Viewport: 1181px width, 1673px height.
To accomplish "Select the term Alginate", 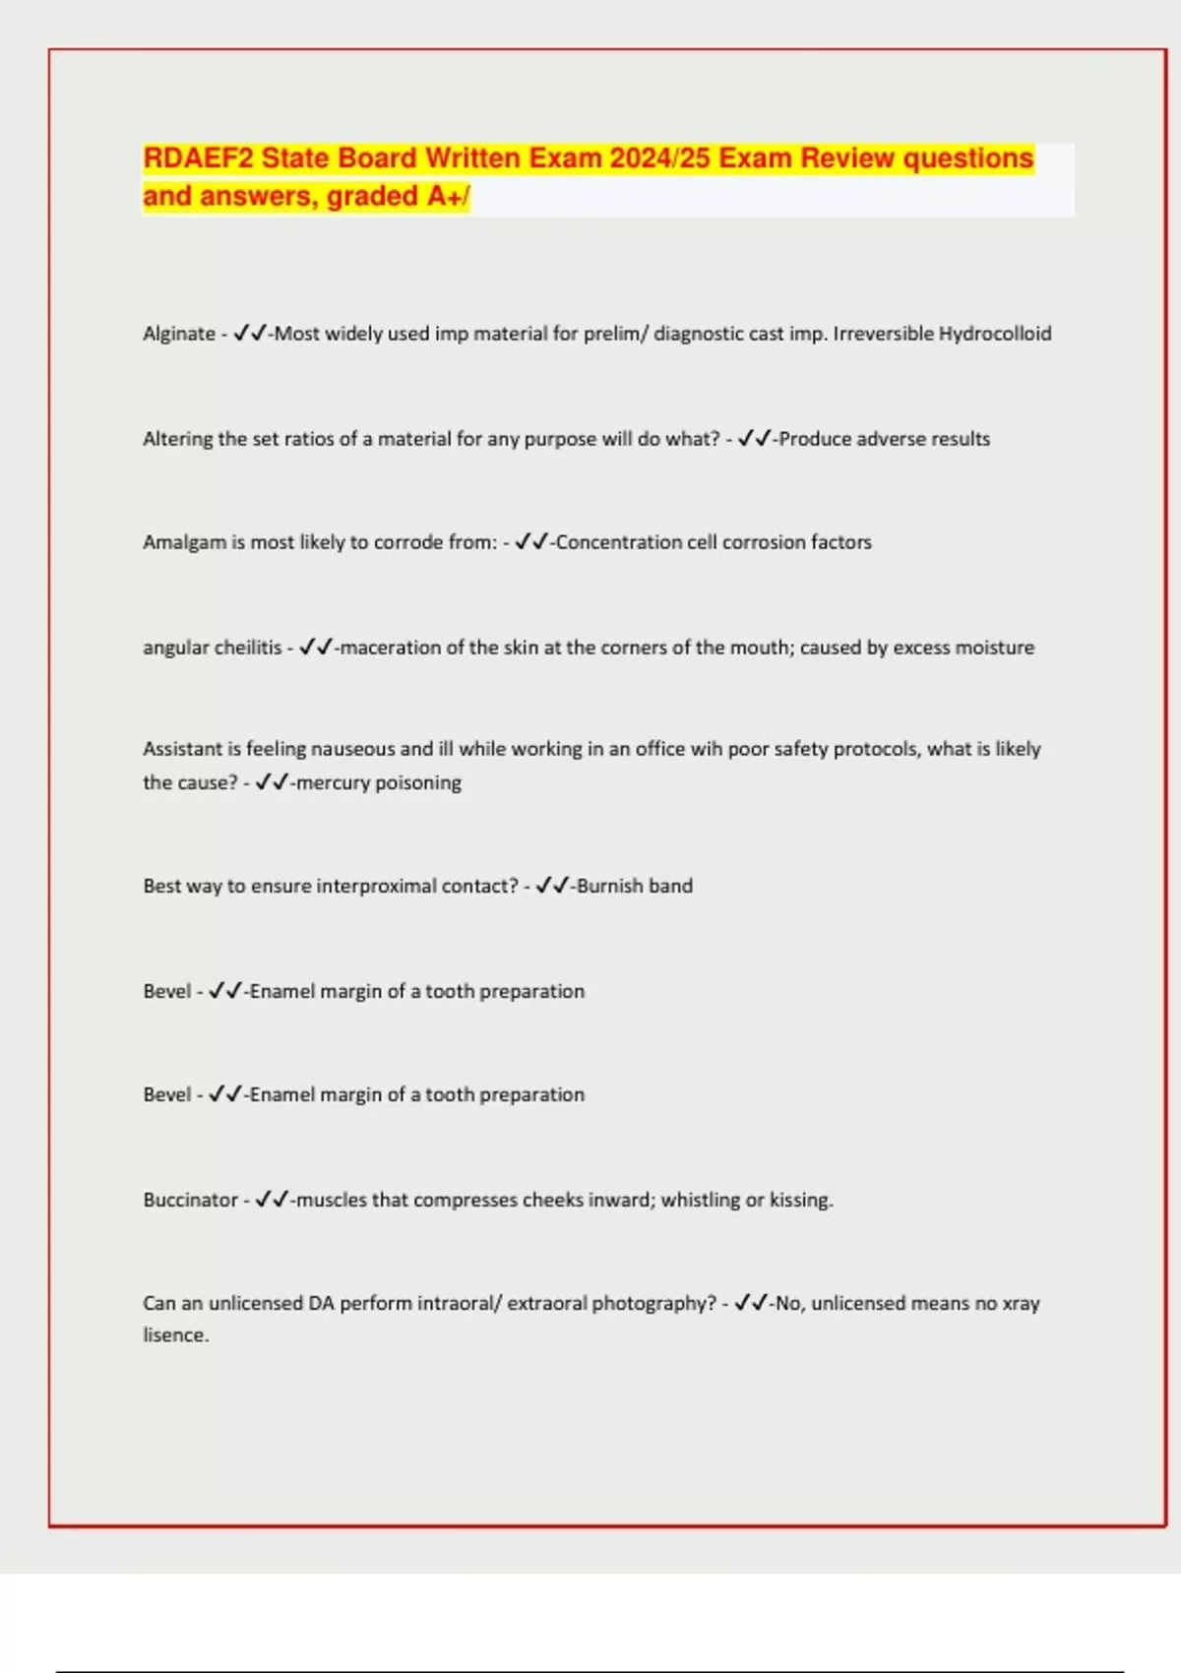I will (178, 334).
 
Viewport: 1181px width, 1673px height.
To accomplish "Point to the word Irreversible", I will (883, 334).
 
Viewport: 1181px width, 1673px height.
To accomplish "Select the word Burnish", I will (609, 886).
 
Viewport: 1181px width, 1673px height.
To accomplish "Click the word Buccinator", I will (190, 1200).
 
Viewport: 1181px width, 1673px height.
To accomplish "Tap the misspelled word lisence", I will (175, 1335).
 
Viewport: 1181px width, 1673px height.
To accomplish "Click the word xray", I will (1021, 1303).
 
